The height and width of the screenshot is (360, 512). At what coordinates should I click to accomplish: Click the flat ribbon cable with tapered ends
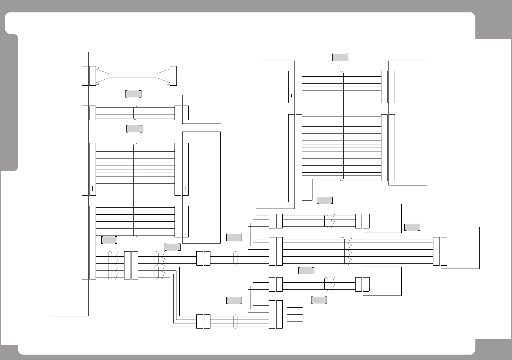point(133,76)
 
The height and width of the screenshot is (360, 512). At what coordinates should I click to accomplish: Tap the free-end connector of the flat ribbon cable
point(173,76)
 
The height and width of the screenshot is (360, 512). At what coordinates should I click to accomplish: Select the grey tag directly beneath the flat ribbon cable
point(133,94)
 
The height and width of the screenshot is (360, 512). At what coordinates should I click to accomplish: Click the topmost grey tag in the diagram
point(340,57)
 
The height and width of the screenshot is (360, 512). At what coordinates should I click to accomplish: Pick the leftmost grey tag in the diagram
point(109,240)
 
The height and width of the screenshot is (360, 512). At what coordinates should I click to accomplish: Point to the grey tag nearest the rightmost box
point(412,227)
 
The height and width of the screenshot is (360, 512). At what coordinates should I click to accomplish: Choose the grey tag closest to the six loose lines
point(319,300)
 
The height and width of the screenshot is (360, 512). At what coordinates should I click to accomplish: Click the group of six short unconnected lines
point(295,316)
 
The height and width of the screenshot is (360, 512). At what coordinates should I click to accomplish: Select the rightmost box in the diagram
point(460,248)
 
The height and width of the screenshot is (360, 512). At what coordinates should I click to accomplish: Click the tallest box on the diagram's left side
point(69,184)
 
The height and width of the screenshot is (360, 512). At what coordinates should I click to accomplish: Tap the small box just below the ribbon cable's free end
point(201,109)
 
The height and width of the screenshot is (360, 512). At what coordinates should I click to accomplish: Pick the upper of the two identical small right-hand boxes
point(382,218)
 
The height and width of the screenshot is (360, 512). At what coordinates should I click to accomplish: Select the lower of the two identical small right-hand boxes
point(382,281)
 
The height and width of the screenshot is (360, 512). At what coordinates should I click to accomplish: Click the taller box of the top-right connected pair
point(275,135)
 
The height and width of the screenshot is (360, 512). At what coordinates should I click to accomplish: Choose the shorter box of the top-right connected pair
point(408,123)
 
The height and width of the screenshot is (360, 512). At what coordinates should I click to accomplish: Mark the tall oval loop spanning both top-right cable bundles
point(342,126)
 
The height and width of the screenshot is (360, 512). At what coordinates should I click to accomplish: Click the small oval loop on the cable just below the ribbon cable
point(135,113)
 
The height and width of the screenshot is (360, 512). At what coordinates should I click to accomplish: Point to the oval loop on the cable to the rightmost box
point(342,251)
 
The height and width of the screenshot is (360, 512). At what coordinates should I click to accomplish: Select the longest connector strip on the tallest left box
point(85,242)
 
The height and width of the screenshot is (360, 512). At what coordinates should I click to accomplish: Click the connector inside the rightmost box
point(444,251)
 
